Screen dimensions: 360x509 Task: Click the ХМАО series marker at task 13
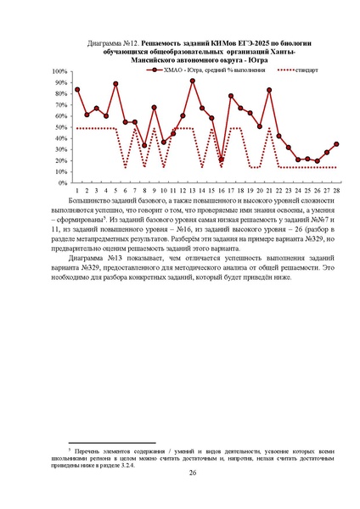click(x=193, y=81)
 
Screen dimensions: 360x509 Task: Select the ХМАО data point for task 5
click(x=115, y=84)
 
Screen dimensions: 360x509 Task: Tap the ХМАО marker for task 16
click(x=222, y=159)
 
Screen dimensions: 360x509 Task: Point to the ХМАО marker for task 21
click(x=270, y=90)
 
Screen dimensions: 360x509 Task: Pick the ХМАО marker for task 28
click(x=337, y=144)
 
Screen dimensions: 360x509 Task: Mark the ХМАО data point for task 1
click(x=77, y=89)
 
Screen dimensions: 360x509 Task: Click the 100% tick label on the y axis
click(x=60, y=71)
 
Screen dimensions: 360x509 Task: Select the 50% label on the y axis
click(x=62, y=127)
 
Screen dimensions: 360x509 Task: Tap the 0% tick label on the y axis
click(x=64, y=182)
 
